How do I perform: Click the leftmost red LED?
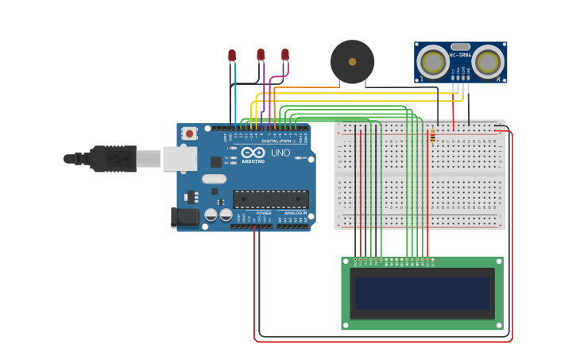click(x=232, y=56)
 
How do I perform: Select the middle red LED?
click(x=261, y=54)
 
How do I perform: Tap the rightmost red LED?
click(x=285, y=54)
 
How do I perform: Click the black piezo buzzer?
click(x=352, y=62)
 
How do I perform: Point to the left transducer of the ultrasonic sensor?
click(x=434, y=61)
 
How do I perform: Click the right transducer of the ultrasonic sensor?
click(x=487, y=61)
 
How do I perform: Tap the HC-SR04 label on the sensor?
click(x=460, y=55)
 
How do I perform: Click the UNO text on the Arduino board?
click(x=280, y=153)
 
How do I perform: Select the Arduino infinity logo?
click(x=253, y=152)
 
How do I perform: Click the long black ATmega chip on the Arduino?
click(x=270, y=199)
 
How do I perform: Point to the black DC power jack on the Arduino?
click(x=184, y=217)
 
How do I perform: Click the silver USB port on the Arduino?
click(x=180, y=159)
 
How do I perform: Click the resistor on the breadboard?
click(x=432, y=137)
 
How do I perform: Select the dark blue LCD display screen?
click(x=422, y=293)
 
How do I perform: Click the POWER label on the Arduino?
click(x=264, y=213)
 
